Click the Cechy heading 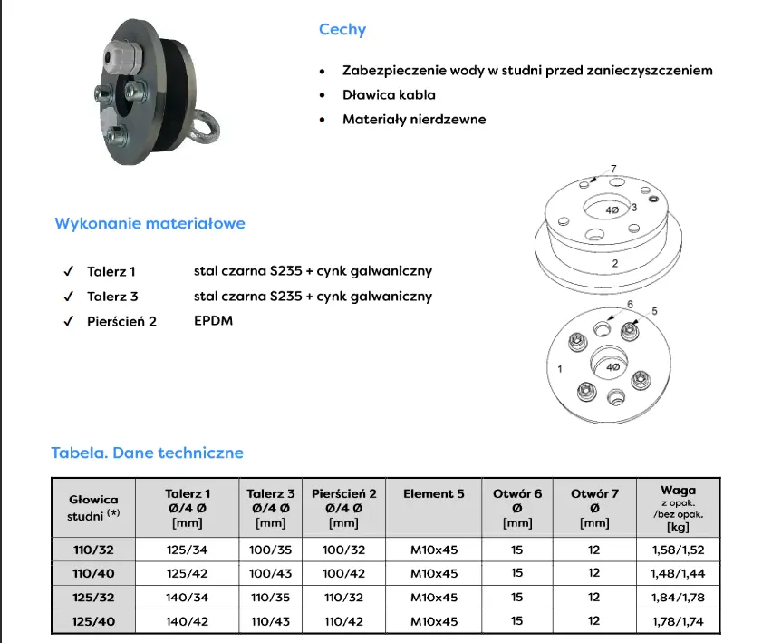[x=342, y=30]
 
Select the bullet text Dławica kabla [x=389, y=95]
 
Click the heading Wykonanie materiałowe [x=150, y=223]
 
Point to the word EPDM [x=213, y=320]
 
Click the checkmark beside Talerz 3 [x=69, y=297]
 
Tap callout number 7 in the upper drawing [x=613, y=169]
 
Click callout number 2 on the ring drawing [x=614, y=264]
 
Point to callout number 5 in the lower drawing [x=654, y=311]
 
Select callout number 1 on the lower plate [x=560, y=369]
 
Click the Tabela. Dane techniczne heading [x=148, y=453]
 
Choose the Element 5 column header [x=433, y=493]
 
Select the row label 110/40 [x=93, y=573]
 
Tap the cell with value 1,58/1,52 [x=678, y=550]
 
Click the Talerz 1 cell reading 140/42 [x=187, y=621]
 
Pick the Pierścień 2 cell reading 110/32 [x=343, y=598]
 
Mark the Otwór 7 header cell [x=594, y=508]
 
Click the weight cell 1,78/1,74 [x=678, y=621]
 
